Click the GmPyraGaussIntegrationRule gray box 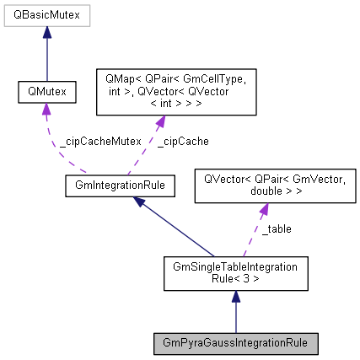(x=235, y=344)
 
